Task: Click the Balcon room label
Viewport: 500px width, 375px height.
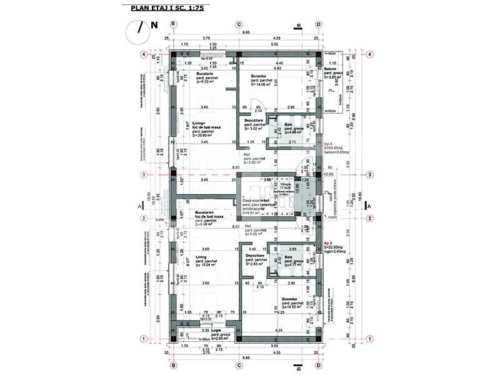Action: [331, 69]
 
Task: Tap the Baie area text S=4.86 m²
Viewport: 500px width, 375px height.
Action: [287, 132]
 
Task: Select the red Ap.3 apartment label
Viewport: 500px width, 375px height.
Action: [328, 242]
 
